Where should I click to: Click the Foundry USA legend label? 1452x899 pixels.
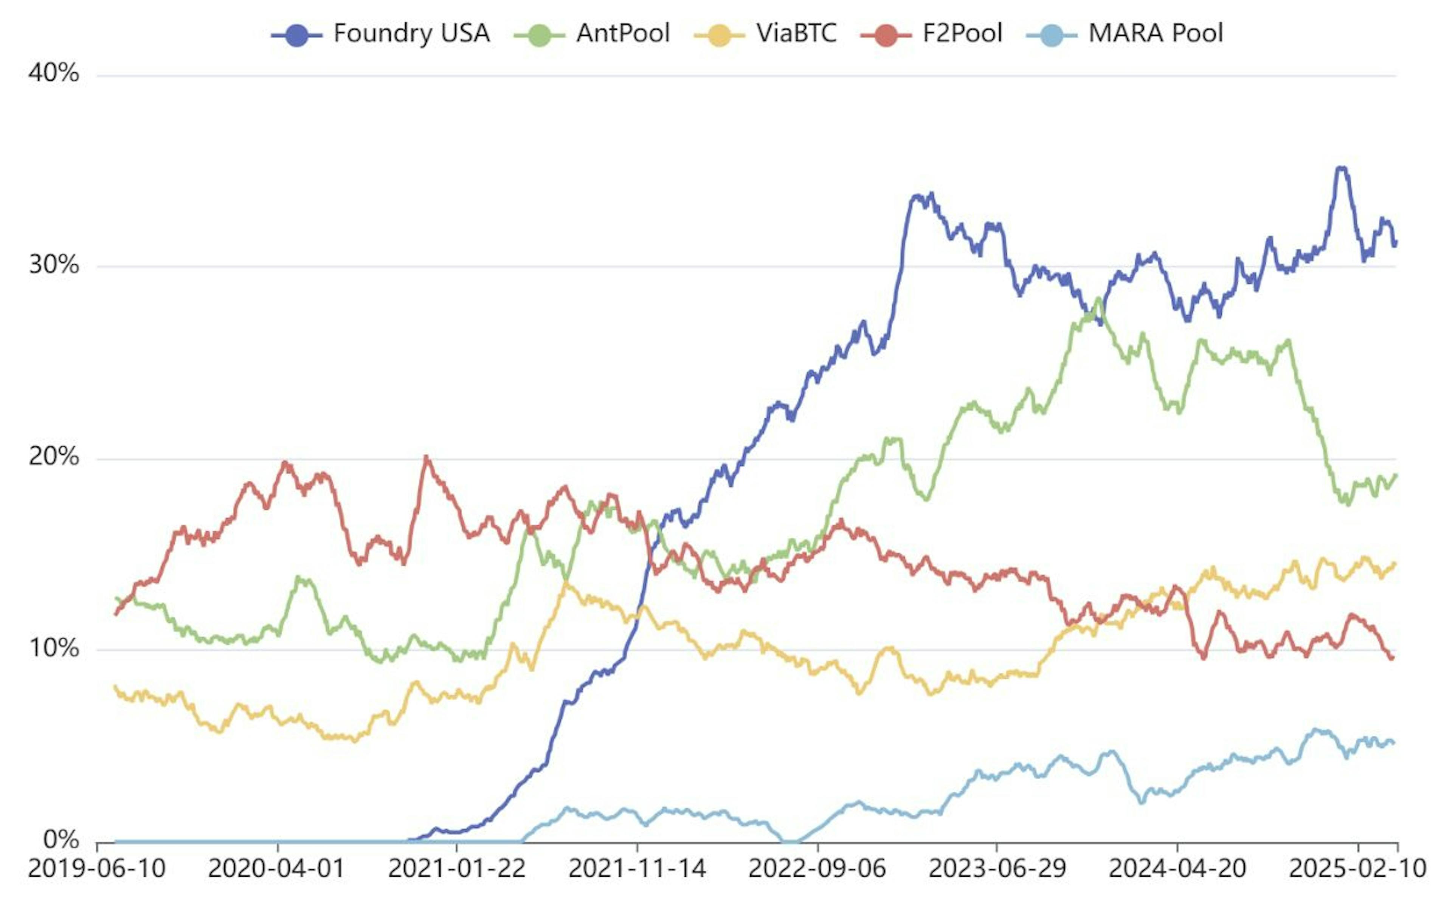pos(411,33)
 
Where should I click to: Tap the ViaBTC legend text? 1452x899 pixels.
pos(796,33)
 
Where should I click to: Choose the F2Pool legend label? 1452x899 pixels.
pos(962,33)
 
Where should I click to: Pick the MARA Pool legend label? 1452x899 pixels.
pos(1155,33)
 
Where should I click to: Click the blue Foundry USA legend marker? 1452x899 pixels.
pos(297,34)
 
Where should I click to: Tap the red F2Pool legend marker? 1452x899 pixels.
pos(886,34)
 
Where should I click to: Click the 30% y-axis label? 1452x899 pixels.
pos(54,265)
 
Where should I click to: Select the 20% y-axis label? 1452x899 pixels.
pos(54,457)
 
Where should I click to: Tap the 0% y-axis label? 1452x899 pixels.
pos(61,840)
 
